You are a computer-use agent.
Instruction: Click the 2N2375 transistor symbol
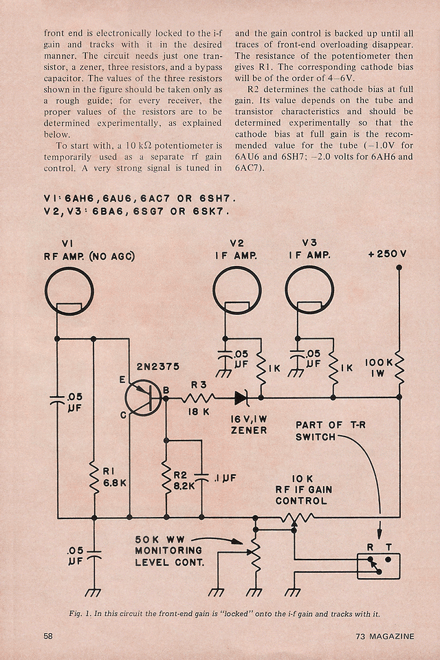pyautogui.click(x=144, y=397)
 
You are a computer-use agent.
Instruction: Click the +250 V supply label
pyautogui.click(x=387, y=254)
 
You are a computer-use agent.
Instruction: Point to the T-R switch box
pyautogui.click(x=378, y=566)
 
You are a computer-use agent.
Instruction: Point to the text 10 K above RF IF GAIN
pyautogui.click(x=302, y=478)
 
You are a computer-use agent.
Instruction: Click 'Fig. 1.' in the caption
pyautogui.click(x=81, y=613)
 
